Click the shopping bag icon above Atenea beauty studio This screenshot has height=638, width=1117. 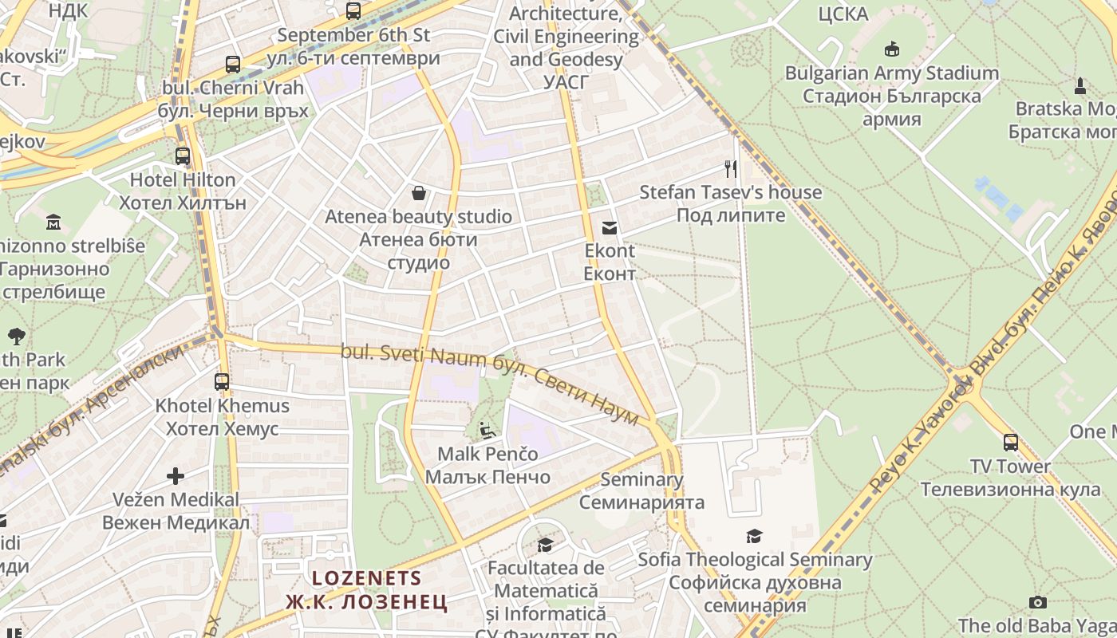[418, 192]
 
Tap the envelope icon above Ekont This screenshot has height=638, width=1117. [610, 228]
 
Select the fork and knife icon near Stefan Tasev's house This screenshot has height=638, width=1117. [730, 168]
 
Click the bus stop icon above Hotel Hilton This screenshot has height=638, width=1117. [183, 156]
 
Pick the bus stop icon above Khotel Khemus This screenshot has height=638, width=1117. [222, 381]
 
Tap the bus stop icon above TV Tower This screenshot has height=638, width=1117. [1011, 442]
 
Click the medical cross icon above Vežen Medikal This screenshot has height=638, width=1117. [176, 476]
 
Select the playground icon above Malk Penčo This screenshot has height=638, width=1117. [487, 431]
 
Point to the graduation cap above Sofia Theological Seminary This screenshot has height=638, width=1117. [754, 536]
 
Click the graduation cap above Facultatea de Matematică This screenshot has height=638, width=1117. [546, 545]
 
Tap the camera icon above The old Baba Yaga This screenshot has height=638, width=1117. [1037, 602]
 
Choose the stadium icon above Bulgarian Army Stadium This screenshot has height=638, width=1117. [892, 49]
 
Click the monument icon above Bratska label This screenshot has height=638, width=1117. [1080, 85]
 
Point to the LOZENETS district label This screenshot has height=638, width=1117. [366, 577]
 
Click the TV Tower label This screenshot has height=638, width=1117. [1010, 466]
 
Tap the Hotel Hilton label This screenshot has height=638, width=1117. [183, 179]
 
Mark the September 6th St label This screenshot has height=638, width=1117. [353, 35]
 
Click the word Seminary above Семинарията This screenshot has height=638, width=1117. [641, 479]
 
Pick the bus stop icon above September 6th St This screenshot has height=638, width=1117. [353, 11]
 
